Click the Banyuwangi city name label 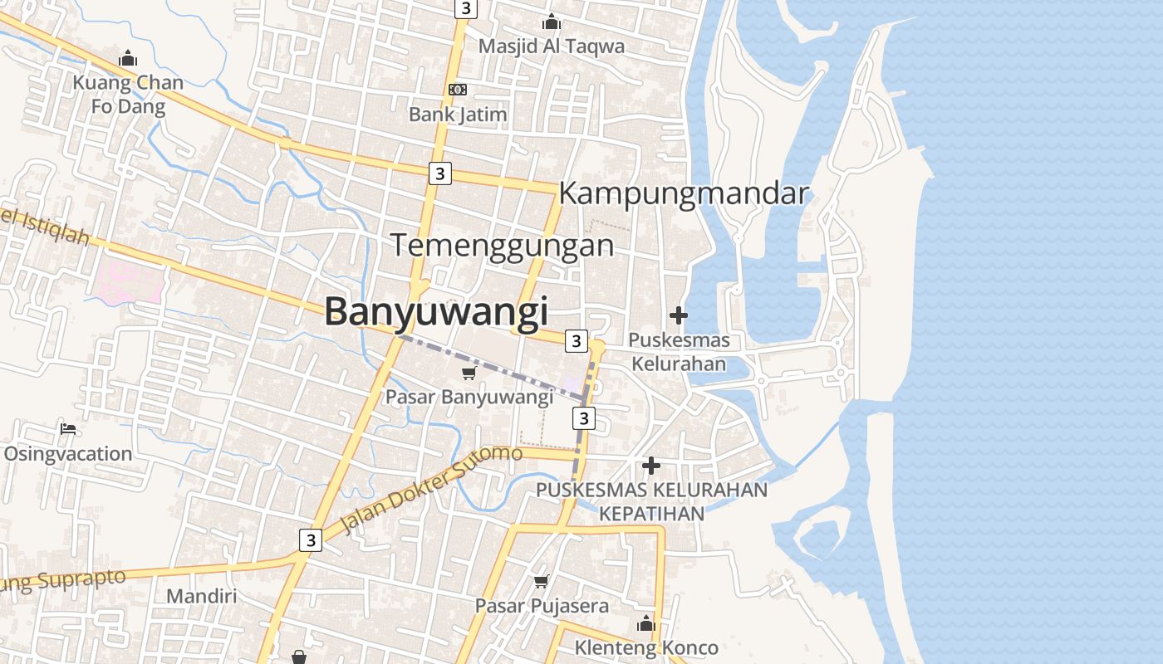pyautogui.click(x=436, y=312)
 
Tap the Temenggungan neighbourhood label pyautogui.click(x=502, y=246)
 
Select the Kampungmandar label pyautogui.click(x=684, y=193)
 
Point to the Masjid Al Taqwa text pyautogui.click(x=551, y=46)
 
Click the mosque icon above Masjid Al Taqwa pyautogui.click(x=551, y=22)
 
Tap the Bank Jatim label pyautogui.click(x=457, y=115)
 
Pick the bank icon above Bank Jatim pyautogui.click(x=457, y=90)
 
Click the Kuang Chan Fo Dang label pyautogui.click(x=128, y=95)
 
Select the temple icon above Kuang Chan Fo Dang pyautogui.click(x=127, y=59)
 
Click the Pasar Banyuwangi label pyautogui.click(x=469, y=397)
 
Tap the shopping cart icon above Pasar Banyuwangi pyautogui.click(x=469, y=373)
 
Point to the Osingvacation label pyautogui.click(x=68, y=454)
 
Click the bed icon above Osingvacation pyautogui.click(x=68, y=429)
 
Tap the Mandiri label pyautogui.click(x=201, y=596)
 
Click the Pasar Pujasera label pyautogui.click(x=542, y=606)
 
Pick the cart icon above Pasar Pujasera pyautogui.click(x=541, y=582)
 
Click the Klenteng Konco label pyautogui.click(x=646, y=647)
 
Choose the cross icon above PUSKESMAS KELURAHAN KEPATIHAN pyautogui.click(x=651, y=466)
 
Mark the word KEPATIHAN pyautogui.click(x=651, y=513)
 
